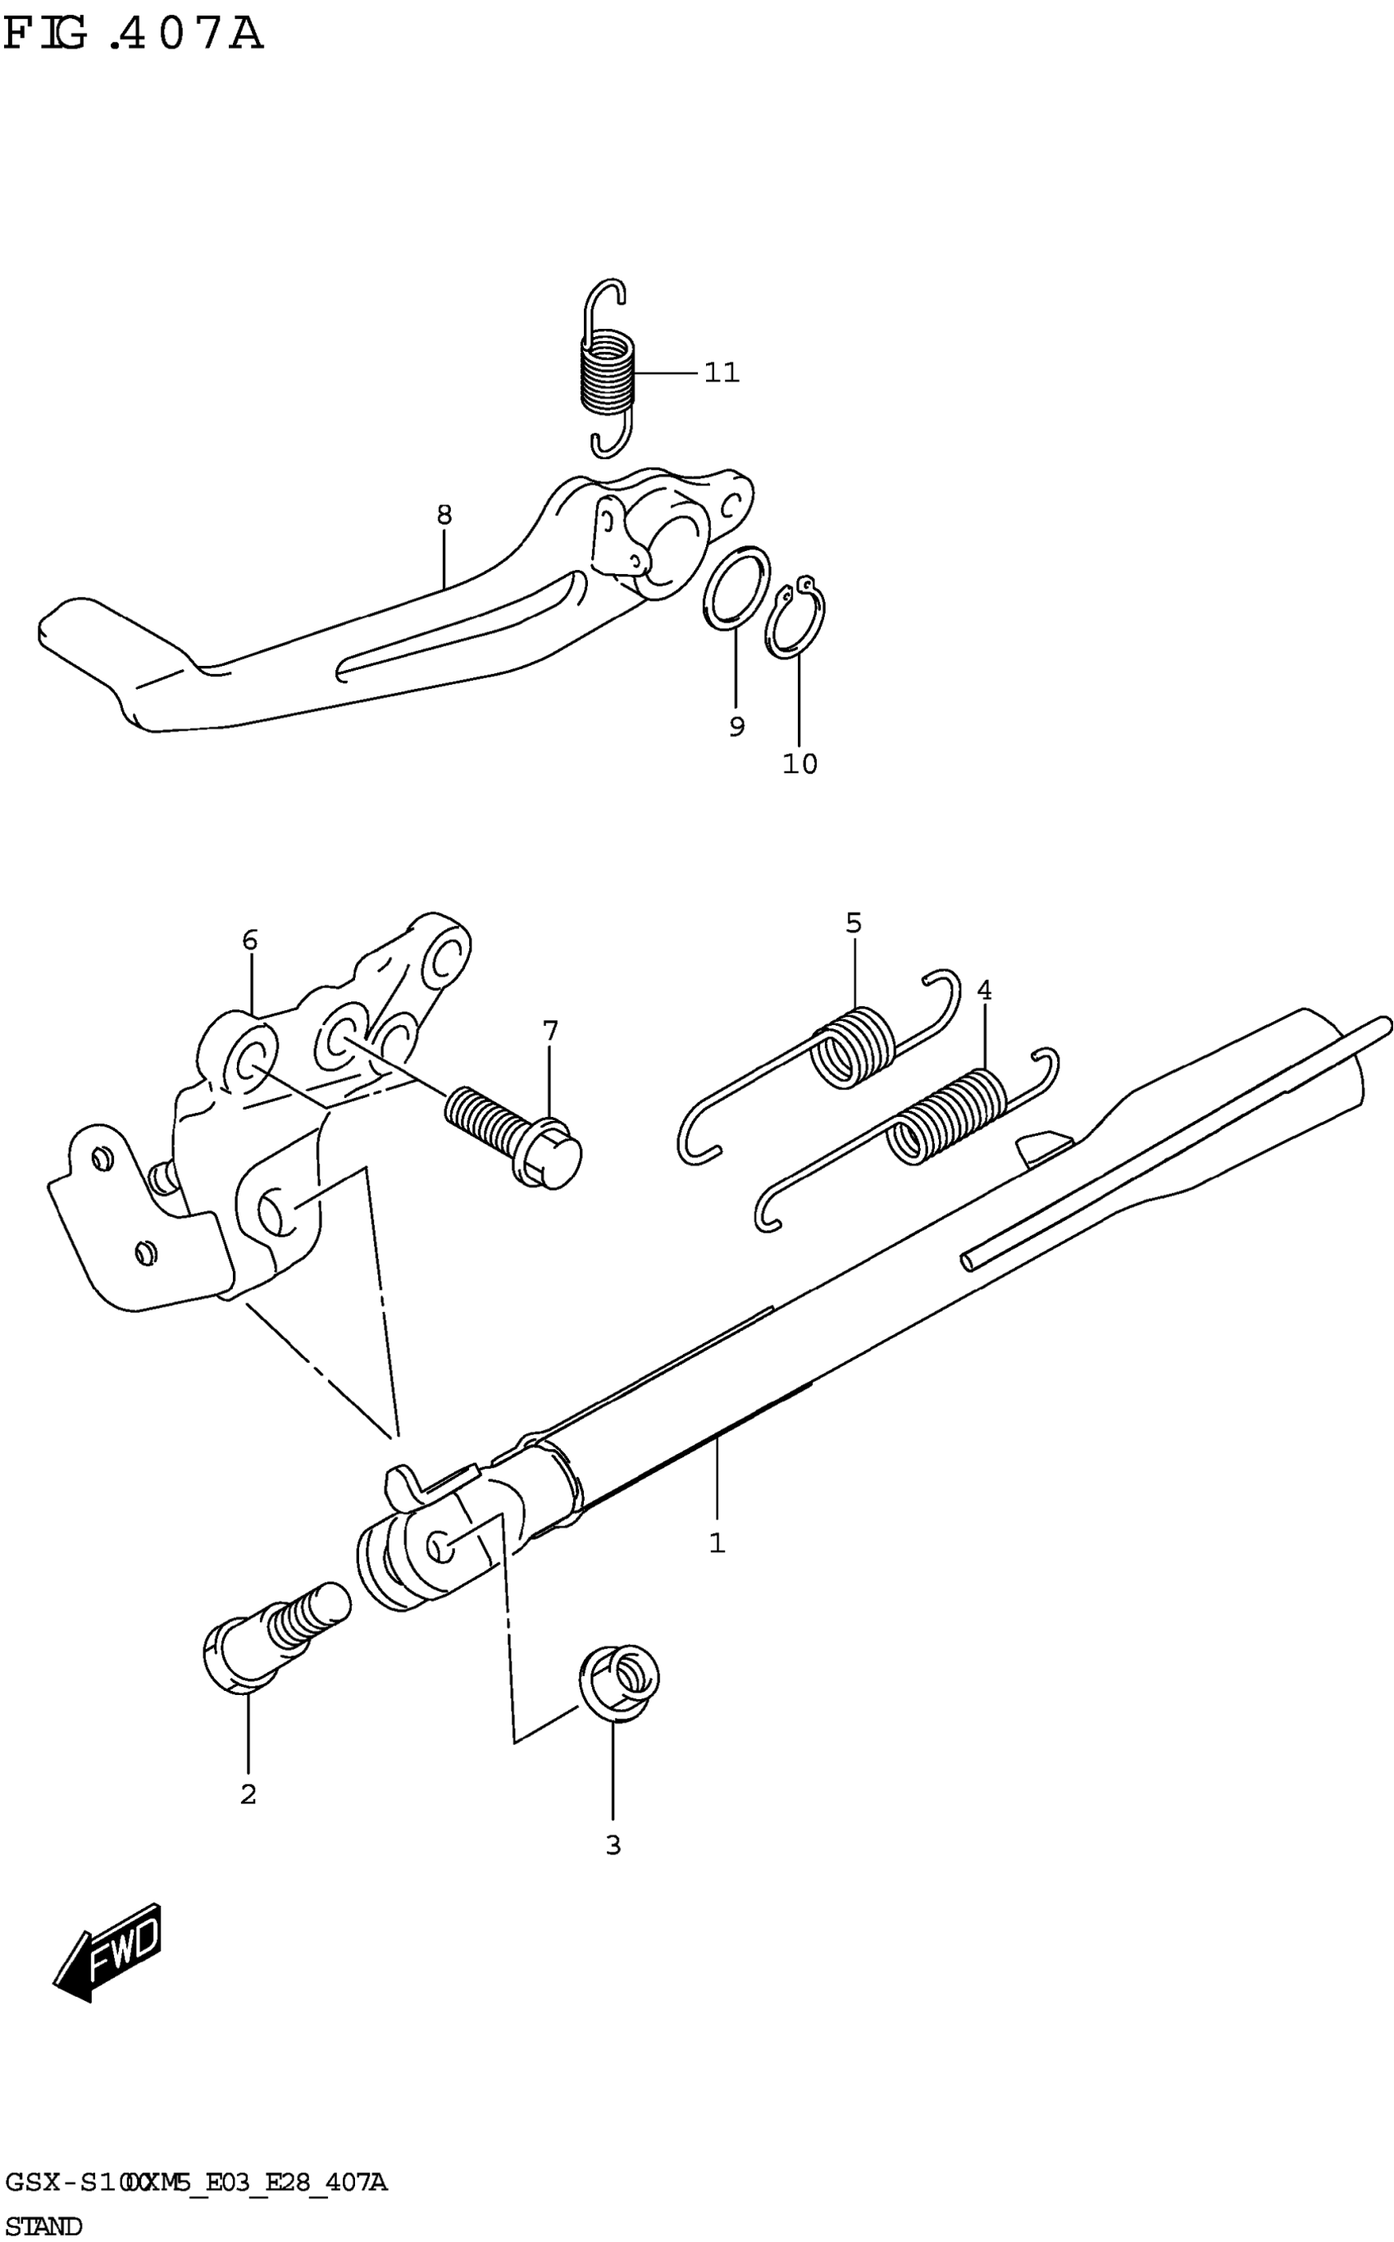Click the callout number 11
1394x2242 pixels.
[x=721, y=373]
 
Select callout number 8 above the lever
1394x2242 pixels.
[x=444, y=514]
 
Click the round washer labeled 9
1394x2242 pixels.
[x=736, y=587]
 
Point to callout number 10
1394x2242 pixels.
[x=799, y=764]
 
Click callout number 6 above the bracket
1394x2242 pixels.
[x=250, y=941]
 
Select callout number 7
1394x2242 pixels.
[x=550, y=1031]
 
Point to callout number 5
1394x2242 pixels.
[x=854, y=923]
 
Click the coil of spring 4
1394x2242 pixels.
[x=948, y=1115]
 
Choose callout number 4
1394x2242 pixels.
[x=985, y=991]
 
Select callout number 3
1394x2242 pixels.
[x=613, y=1846]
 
